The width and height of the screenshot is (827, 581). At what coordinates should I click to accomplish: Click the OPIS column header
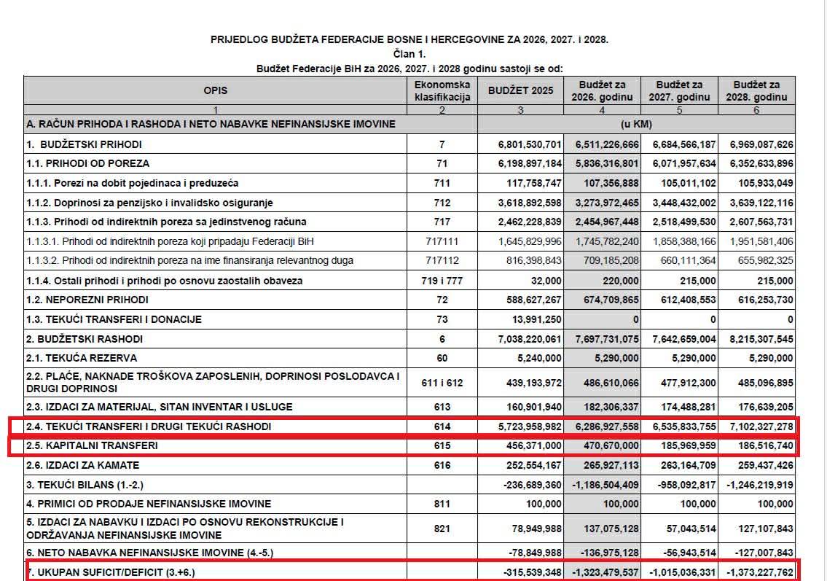(216, 90)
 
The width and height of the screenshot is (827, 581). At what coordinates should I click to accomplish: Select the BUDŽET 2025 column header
(520, 90)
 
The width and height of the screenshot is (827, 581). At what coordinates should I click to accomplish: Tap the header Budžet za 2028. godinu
(756, 90)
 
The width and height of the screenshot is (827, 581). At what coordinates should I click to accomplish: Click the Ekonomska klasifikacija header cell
(442, 90)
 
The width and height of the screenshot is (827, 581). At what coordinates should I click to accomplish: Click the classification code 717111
(442, 241)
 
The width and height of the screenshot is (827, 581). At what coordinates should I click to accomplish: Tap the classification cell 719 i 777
(442, 280)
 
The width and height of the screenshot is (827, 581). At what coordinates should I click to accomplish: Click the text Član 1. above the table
(409, 53)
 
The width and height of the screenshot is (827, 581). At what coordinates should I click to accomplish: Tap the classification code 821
(442, 528)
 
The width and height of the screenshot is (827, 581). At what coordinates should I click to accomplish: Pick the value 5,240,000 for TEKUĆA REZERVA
(538, 358)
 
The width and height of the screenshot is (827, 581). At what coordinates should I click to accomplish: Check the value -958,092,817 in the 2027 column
(680, 484)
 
